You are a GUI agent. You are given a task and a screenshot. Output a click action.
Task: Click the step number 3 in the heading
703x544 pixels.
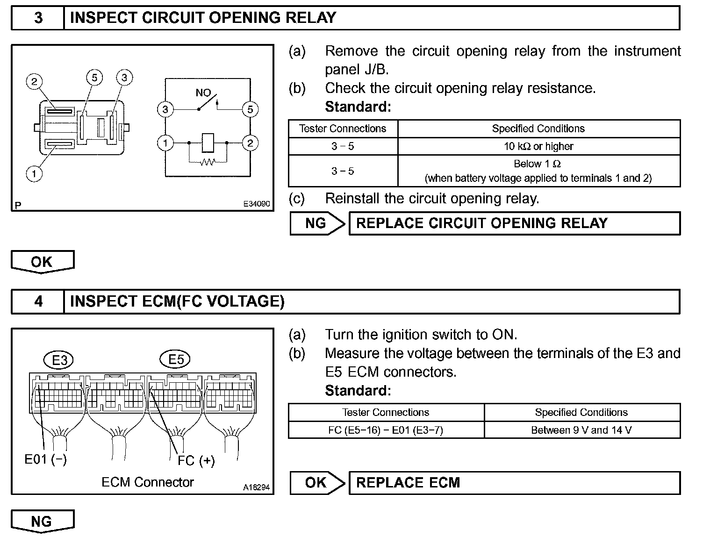coord(38,18)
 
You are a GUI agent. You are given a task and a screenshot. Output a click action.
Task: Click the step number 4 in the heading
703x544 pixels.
coord(38,301)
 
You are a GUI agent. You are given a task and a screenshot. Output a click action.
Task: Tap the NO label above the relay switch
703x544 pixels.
coord(203,93)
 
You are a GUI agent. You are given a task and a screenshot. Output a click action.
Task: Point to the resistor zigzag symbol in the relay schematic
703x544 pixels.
coord(207,162)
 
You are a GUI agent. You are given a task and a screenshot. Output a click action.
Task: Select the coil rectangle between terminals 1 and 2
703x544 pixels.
coord(208,143)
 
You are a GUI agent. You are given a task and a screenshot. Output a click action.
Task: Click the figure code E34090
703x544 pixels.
coord(256,204)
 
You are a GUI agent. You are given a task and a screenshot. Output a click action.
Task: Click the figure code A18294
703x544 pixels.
coord(256,487)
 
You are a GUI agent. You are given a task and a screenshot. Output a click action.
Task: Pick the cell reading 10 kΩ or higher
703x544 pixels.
coord(538,146)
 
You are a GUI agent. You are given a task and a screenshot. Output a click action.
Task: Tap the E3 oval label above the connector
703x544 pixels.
coord(60,360)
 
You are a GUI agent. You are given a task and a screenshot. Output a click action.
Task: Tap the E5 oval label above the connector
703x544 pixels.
coord(176,359)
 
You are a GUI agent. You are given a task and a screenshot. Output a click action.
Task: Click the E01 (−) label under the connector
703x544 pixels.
coord(45,459)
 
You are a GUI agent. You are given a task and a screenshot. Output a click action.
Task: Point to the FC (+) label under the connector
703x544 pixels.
coord(196,461)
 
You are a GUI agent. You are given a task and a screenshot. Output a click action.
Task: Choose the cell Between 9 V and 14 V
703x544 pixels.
coord(581,430)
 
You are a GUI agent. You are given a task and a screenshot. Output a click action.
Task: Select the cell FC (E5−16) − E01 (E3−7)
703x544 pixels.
coord(386,430)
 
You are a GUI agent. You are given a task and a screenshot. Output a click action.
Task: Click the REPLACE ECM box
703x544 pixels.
coord(514,483)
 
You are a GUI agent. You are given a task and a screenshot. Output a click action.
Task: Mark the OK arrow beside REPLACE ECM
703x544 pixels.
coord(316,483)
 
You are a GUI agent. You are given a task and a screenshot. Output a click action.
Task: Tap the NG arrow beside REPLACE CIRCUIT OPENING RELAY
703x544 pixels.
coord(316,223)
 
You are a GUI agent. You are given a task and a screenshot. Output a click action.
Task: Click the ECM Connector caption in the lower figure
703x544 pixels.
coord(147,482)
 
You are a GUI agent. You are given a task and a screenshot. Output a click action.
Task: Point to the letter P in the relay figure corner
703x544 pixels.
coord(18,205)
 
